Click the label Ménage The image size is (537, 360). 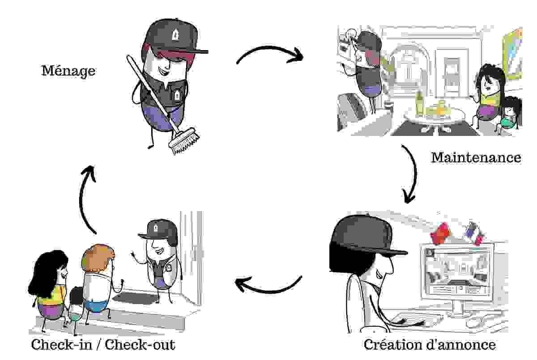68,71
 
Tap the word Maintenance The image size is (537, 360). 476,157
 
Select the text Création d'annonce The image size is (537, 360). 429,345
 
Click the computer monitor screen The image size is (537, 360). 456,270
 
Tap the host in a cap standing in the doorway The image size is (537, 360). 159,259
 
